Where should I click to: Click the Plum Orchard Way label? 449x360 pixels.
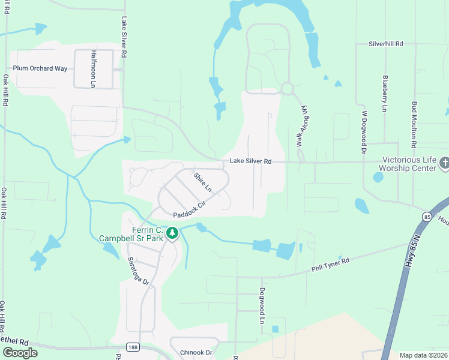(40, 68)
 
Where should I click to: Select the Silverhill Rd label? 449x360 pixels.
(386, 44)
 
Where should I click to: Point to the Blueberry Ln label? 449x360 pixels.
(384, 93)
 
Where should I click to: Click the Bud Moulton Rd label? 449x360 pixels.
(414, 124)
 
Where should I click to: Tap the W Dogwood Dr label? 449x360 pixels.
(364, 127)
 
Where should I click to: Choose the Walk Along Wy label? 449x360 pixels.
(301, 124)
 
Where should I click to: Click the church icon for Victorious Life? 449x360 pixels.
(444, 162)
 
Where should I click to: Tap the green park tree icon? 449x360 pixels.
(172, 233)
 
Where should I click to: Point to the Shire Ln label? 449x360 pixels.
(203, 182)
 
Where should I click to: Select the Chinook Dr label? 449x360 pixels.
(196, 353)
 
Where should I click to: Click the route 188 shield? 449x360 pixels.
(133, 347)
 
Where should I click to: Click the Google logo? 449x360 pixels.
(19, 352)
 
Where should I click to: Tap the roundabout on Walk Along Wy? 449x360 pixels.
(287, 89)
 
